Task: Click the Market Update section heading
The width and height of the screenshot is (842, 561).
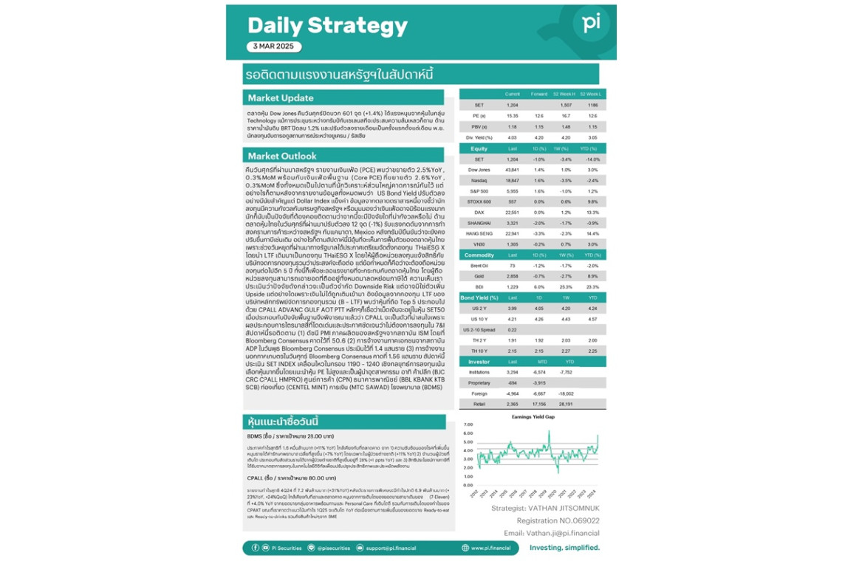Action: click(281, 97)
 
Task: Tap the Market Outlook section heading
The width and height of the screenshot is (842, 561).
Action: click(282, 156)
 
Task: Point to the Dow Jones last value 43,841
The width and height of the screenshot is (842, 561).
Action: click(513, 170)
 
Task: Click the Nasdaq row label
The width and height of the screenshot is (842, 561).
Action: click(479, 180)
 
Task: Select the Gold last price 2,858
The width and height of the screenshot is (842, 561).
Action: click(513, 275)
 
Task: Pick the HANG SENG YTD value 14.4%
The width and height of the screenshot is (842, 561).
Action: click(592, 233)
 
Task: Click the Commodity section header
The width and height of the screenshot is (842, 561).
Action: click(479, 255)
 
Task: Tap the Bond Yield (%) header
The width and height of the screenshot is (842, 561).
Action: click(480, 297)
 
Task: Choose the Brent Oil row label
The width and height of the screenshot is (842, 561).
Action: click(479, 265)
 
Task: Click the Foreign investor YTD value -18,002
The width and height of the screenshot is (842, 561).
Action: click(566, 393)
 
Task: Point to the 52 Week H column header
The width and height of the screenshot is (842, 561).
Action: click(567, 94)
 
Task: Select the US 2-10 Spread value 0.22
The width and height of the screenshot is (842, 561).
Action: click(513, 329)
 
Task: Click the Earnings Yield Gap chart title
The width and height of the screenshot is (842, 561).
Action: click(533, 417)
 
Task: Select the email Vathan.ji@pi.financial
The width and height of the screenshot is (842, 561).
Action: click(552, 533)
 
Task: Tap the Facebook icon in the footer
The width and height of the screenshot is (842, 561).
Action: click(256, 548)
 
